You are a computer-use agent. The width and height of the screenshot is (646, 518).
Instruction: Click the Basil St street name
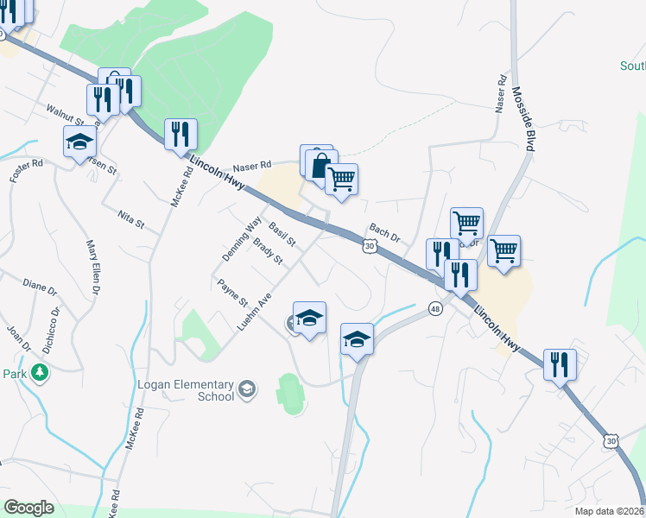[282, 232]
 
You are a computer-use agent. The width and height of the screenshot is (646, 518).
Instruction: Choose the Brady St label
[269, 253]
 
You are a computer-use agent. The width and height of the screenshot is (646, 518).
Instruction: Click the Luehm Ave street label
[255, 312]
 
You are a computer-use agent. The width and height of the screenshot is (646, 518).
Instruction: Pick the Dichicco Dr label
[54, 325]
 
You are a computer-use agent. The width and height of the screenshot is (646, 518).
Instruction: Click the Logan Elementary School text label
[186, 390]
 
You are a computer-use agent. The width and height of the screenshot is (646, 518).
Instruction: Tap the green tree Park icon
[39, 373]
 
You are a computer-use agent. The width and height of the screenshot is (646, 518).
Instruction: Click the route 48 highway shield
[435, 308]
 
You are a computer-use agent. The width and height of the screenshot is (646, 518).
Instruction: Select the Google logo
[28, 508]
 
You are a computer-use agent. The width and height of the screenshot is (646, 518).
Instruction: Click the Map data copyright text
[610, 511]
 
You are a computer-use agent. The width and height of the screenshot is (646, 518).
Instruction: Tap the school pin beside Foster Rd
[80, 141]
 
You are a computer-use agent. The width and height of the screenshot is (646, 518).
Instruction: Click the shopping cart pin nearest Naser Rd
[342, 180]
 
